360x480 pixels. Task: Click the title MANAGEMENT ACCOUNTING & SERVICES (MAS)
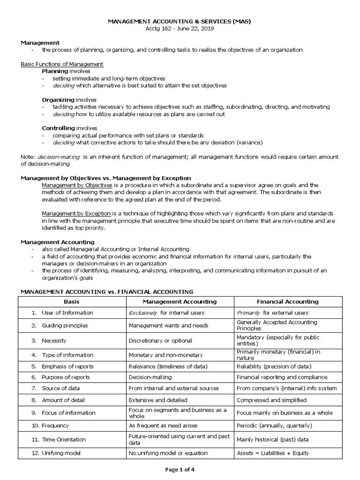(180, 22)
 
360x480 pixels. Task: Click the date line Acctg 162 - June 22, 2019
(180, 29)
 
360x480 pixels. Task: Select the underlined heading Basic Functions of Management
(62, 64)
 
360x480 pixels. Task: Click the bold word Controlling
(59, 128)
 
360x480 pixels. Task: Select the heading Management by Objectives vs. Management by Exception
(106, 178)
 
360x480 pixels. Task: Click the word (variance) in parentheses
(250, 142)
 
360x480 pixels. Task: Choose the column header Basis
(72, 301)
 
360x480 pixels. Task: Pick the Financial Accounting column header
(287, 301)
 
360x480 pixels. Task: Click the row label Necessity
(54, 341)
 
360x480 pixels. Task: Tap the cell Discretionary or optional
(160, 341)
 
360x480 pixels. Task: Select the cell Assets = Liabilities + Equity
(273, 453)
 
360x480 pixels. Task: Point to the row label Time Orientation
(64, 439)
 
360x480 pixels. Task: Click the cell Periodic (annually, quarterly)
(274, 426)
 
